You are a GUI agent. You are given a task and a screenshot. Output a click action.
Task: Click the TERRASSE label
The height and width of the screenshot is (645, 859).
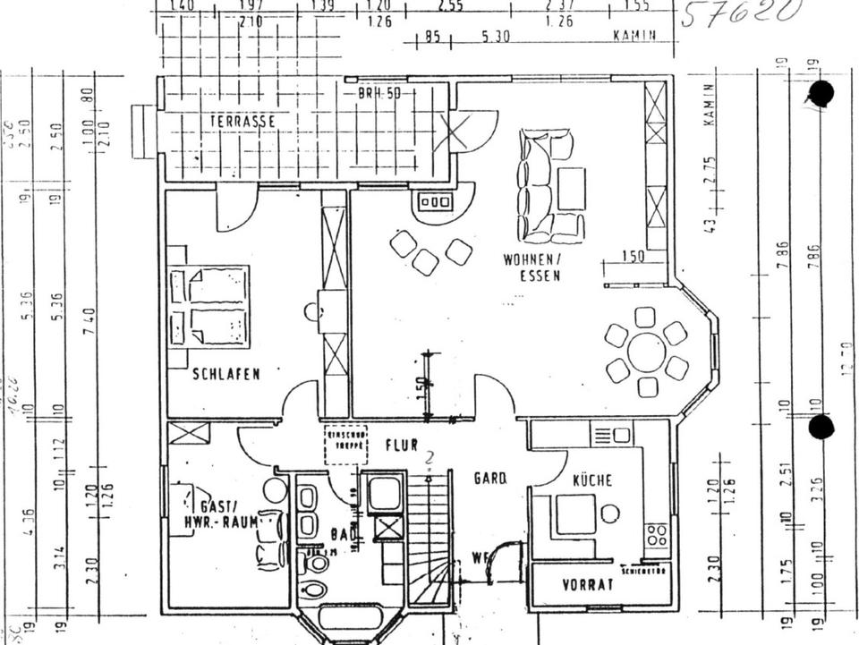tap(242, 120)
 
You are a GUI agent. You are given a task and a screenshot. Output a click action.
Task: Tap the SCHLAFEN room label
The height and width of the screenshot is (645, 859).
tap(226, 374)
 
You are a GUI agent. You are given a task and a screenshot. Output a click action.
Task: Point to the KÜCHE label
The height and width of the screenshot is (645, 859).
tap(592, 480)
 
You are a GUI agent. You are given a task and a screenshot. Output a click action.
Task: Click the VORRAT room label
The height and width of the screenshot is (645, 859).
tap(587, 586)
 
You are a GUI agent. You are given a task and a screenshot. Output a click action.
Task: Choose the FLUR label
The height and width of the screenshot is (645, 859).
tap(402, 445)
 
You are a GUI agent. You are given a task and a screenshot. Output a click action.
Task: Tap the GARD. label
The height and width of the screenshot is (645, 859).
tap(489, 479)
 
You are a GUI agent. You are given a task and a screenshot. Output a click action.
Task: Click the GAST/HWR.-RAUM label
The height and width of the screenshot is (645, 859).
tap(217, 513)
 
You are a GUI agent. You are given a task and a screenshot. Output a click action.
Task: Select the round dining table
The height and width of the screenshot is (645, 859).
tap(645, 352)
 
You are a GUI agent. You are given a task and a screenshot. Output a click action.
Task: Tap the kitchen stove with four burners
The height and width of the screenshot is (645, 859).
tap(656, 535)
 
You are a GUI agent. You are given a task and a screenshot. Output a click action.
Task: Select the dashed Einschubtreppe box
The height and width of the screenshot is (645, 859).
tap(346, 445)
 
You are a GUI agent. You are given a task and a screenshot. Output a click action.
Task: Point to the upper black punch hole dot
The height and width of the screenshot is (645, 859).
tap(821, 93)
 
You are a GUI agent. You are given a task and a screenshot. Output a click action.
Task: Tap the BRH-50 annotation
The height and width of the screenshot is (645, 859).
tap(378, 92)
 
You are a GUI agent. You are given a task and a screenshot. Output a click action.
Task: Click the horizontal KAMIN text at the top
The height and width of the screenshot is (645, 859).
tap(634, 37)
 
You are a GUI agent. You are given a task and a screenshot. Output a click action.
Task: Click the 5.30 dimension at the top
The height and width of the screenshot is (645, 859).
tap(495, 37)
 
